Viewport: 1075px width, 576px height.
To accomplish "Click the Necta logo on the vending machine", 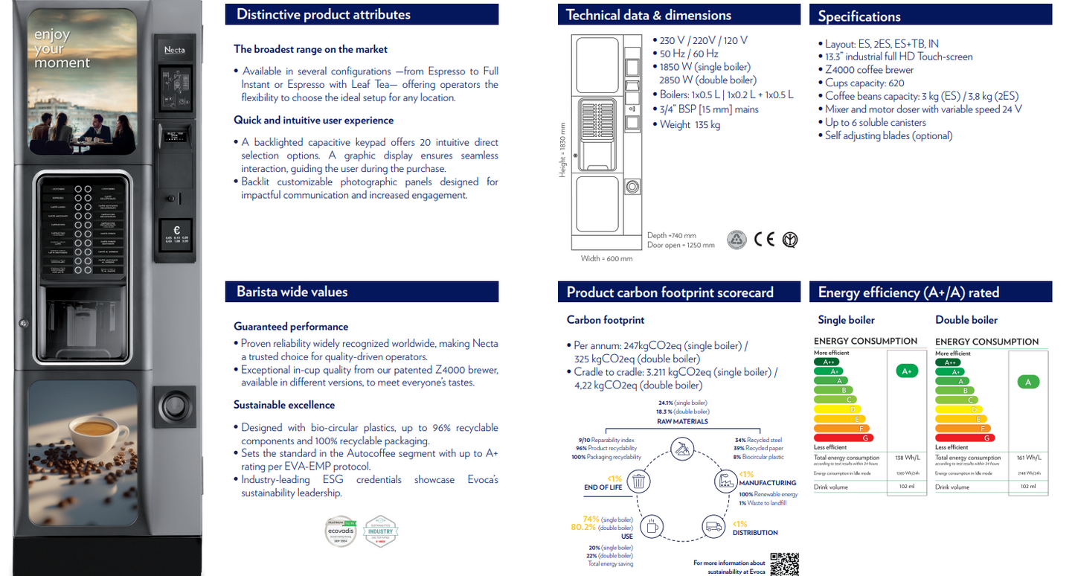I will (x=174, y=50).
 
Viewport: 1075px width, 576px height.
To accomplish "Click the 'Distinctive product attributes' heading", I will (x=324, y=14).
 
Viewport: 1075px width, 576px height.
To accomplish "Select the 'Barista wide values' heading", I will (x=292, y=292).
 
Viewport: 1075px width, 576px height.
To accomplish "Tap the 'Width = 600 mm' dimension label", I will (x=606, y=258).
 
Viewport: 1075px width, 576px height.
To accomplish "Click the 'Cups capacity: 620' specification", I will (x=864, y=83).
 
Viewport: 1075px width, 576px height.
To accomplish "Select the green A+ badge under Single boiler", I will (x=906, y=371).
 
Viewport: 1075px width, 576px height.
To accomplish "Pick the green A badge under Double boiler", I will (x=1027, y=382).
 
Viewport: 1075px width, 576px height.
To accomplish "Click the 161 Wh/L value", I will (x=1028, y=458).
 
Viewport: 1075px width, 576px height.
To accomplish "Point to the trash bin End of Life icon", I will (x=638, y=482).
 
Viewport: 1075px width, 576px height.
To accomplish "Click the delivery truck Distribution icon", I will (x=713, y=527).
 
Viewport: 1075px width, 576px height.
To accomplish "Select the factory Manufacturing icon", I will (x=725, y=482).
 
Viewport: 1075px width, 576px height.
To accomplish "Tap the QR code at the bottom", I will (x=784, y=564).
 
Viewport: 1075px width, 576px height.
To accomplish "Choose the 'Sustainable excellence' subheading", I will (x=284, y=405).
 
